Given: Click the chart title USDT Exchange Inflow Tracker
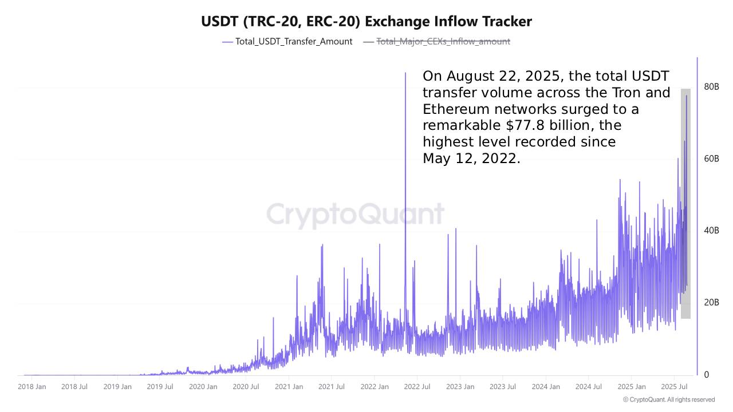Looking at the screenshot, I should coord(366,22).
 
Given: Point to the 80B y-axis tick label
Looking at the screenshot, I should coord(711,87).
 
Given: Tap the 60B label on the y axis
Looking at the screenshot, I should coord(711,159).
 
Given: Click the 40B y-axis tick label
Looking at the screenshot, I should coord(711,231).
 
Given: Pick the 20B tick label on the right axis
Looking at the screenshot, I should coord(711,303).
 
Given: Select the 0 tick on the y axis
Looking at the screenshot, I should coord(707,375).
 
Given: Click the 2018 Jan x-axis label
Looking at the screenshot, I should coord(32,387).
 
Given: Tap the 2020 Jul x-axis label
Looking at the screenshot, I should coord(246,387).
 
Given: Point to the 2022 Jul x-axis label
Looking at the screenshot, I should coord(417,387).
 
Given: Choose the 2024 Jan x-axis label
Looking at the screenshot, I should coord(546,387).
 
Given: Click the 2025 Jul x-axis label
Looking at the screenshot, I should coord(674,387).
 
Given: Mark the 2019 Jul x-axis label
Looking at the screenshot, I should coord(160,387).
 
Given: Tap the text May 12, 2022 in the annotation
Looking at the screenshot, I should coord(471,159).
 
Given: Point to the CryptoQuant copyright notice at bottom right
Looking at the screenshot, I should coord(668,400).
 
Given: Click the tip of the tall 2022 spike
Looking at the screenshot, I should coord(405,73).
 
